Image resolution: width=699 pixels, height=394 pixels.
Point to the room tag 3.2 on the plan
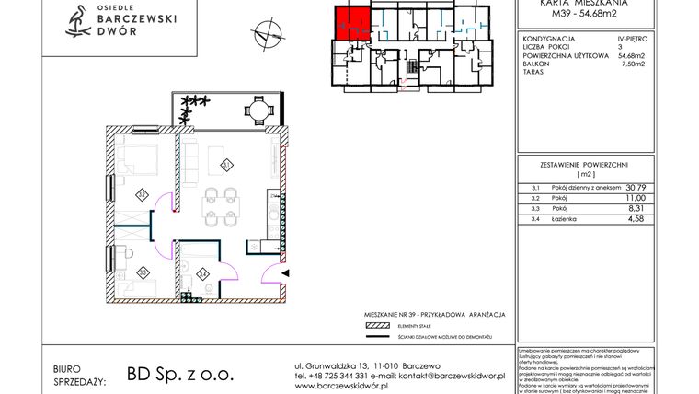pos(142,194)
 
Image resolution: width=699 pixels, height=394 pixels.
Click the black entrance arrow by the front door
pos(284,273)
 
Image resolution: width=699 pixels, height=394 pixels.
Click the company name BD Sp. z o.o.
pos(169,375)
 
